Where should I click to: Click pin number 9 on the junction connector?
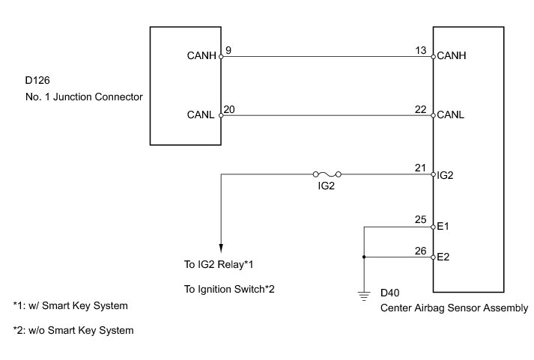(x=228, y=51)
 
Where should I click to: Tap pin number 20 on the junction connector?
(x=230, y=109)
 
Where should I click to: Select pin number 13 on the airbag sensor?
(x=420, y=51)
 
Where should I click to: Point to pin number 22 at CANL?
(x=420, y=109)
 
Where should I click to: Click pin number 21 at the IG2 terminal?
(x=420, y=168)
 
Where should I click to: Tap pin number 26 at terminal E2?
(x=420, y=251)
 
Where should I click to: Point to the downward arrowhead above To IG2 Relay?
(x=221, y=248)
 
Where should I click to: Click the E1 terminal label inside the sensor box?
(x=443, y=225)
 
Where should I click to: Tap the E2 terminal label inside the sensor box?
(x=443, y=257)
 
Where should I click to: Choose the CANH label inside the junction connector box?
(x=202, y=55)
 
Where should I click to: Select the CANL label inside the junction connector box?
(x=202, y=115)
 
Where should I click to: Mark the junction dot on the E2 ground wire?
(x=363, y=257)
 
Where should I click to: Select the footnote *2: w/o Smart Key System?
(x=73, y=330)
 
